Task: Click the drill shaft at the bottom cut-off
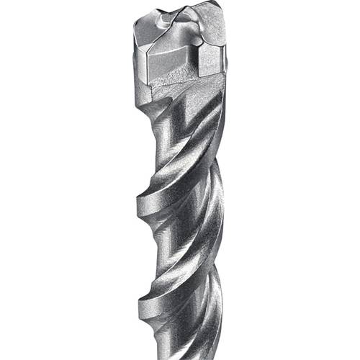click(x=184, y=353)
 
